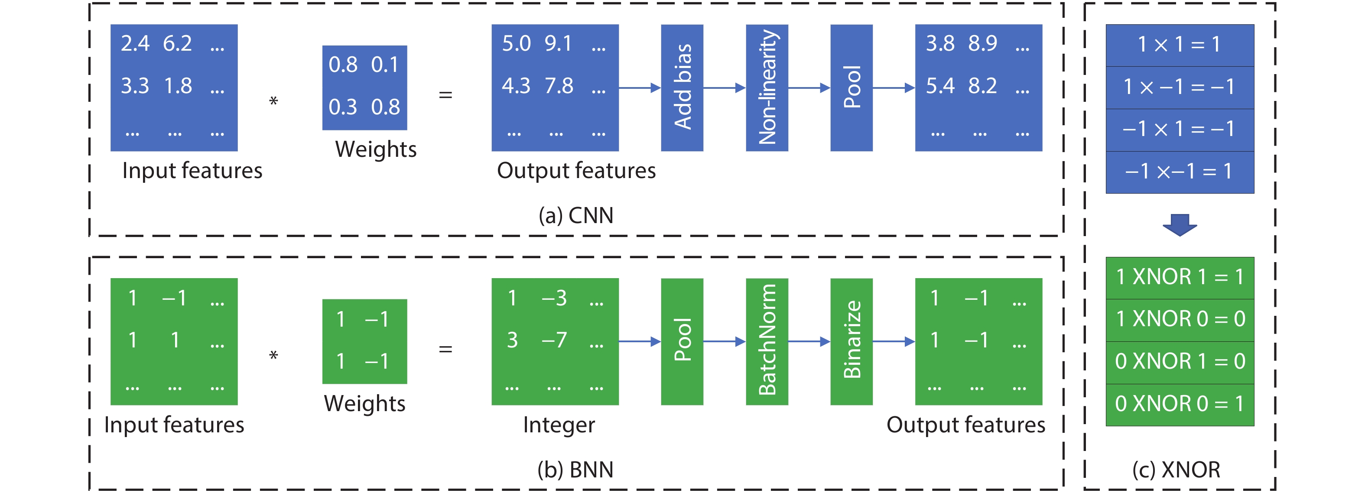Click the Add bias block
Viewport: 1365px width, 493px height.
[682, 88]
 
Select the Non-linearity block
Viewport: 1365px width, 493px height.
[767, 88]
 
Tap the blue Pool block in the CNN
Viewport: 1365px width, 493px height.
[851, 88]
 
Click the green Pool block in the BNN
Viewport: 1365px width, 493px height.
[682, 341]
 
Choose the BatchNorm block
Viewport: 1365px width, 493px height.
[767, 341]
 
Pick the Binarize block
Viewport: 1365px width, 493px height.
[851, 341]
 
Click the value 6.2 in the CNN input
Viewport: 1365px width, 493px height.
[177, 43]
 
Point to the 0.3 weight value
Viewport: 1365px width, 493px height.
[342, 107]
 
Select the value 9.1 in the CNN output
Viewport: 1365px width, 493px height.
[558, 43]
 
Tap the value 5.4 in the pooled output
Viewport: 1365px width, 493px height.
[939, 86]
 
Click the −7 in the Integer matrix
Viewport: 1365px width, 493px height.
[554, 340]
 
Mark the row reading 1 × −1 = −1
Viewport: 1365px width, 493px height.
[1180, 87]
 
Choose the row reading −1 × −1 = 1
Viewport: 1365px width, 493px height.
[1180, 172]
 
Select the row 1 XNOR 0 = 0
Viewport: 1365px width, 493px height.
[1180, 319]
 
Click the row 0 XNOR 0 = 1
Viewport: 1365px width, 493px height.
[1180, 404]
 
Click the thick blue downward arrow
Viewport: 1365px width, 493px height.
[1180, 224]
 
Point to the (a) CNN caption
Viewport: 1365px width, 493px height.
[576, 215]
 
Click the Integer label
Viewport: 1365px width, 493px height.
[559, 425]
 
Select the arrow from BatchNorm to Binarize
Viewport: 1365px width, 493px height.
[809, 341]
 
